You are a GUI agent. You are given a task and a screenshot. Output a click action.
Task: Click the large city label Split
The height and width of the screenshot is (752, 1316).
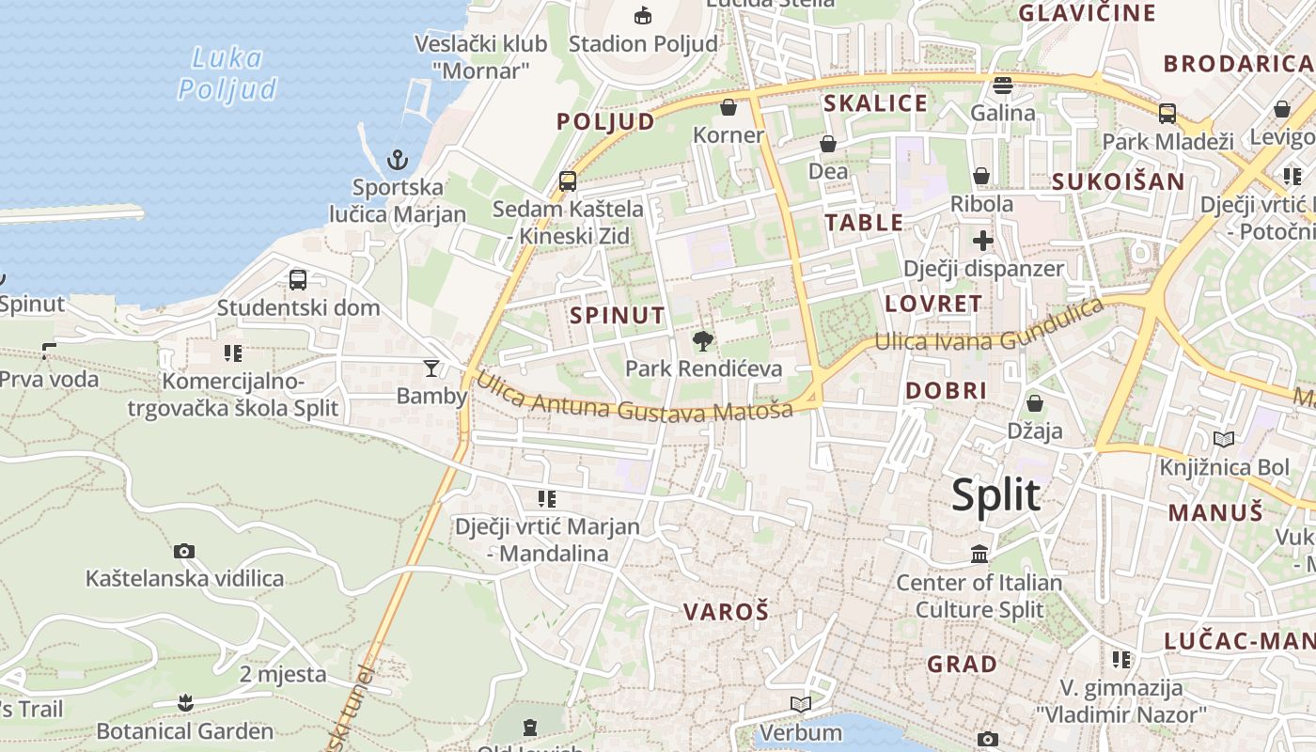coord(995,495)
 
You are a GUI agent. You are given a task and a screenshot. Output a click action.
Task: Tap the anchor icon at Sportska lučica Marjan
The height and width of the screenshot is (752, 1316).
coord(398,159)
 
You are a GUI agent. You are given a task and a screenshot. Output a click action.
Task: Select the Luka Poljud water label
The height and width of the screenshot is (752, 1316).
coord(228,73)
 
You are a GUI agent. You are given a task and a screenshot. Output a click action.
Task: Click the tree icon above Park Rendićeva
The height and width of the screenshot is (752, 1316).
coord(702,341)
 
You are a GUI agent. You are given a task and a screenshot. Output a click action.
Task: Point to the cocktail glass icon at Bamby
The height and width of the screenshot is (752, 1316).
coord(431,368)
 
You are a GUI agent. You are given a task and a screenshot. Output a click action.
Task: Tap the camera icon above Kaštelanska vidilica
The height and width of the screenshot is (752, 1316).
coord(184,551)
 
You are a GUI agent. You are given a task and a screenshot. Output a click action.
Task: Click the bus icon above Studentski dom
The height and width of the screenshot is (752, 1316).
coord(298,279)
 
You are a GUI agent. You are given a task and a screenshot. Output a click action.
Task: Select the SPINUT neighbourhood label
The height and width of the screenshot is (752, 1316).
coord(618,316)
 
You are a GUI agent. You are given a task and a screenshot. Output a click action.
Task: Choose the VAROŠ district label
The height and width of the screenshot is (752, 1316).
coord(726,612)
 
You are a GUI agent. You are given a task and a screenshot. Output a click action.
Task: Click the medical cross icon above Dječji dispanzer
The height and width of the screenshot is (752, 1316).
coord(982,241)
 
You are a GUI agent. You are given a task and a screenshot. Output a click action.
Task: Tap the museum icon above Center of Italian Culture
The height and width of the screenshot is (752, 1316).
coord(979,555)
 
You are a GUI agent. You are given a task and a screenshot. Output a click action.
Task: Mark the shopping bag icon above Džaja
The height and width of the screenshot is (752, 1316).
coord(1034,403)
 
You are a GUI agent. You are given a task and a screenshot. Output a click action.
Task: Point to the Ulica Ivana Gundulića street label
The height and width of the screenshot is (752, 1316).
coord(989,329)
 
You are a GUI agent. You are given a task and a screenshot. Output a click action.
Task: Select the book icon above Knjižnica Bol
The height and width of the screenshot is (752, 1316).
coord(1223,439)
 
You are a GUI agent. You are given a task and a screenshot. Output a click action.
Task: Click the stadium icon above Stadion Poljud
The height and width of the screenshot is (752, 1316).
coord(643,15)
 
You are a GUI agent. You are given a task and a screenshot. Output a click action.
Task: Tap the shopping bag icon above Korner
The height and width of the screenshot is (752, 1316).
coord(728,107)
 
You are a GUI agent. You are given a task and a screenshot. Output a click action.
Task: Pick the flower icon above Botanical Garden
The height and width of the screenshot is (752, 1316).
coord(185,703)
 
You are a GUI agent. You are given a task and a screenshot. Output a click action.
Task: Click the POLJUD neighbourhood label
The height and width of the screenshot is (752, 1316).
coord(605,122)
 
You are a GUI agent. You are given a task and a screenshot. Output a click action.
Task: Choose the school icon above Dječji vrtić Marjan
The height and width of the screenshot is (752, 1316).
coord(546,498)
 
